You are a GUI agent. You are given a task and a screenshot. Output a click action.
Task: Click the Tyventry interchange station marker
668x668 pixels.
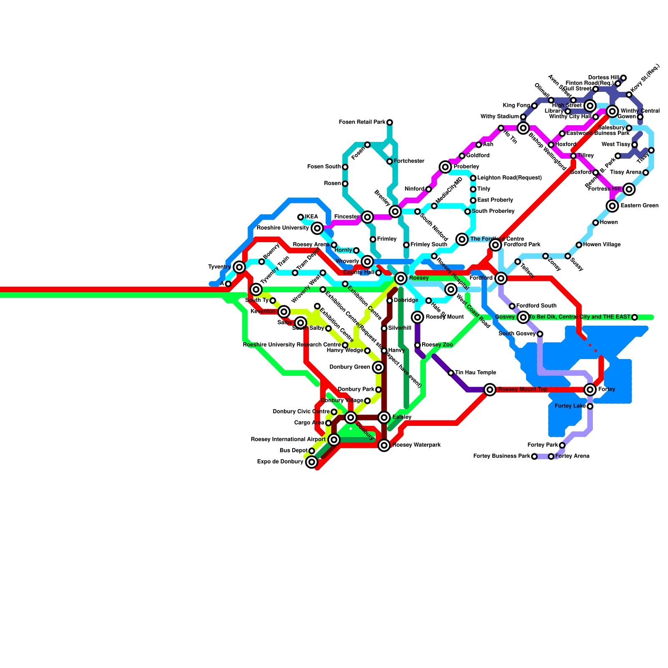point(239,267)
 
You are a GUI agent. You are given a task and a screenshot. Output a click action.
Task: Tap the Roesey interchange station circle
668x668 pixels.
point(401,278)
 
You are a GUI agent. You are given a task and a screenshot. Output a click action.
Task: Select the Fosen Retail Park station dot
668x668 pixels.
point(390,122)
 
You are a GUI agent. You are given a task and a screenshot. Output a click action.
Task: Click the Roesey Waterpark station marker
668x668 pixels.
point(384,445)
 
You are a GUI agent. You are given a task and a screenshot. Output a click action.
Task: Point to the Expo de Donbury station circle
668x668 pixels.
point(311,462)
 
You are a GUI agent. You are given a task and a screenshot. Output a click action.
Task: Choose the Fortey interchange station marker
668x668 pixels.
point(590,390)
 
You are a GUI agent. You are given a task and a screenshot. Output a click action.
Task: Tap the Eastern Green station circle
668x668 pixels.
point(612,206)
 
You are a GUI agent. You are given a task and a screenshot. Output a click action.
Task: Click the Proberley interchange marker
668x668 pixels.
point(445,167)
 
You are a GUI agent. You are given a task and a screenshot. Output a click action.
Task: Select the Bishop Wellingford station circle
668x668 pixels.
point(523,128)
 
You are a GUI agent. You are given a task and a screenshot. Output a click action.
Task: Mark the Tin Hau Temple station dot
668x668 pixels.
point(451,373)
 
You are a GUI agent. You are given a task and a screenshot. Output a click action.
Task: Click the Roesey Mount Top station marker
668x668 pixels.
point(490,390)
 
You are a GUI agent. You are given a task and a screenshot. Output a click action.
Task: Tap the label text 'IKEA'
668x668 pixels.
point(311,217)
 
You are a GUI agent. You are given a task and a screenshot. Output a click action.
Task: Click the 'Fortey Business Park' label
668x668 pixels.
point(501,456)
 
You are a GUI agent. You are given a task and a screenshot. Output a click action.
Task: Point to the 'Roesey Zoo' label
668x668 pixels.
point(437,345)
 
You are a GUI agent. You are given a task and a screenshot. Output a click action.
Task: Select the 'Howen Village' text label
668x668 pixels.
point(602,245)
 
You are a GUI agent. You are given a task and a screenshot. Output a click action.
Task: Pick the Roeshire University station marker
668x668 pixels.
point(317,228)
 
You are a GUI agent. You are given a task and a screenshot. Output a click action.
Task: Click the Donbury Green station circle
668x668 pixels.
point(378,367)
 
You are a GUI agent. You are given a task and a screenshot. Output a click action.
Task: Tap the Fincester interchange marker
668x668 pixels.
point(367,217)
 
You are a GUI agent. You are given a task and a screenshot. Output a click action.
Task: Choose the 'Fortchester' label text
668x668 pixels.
point(409,161)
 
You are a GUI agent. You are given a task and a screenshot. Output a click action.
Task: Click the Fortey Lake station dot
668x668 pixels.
point(590,406)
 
